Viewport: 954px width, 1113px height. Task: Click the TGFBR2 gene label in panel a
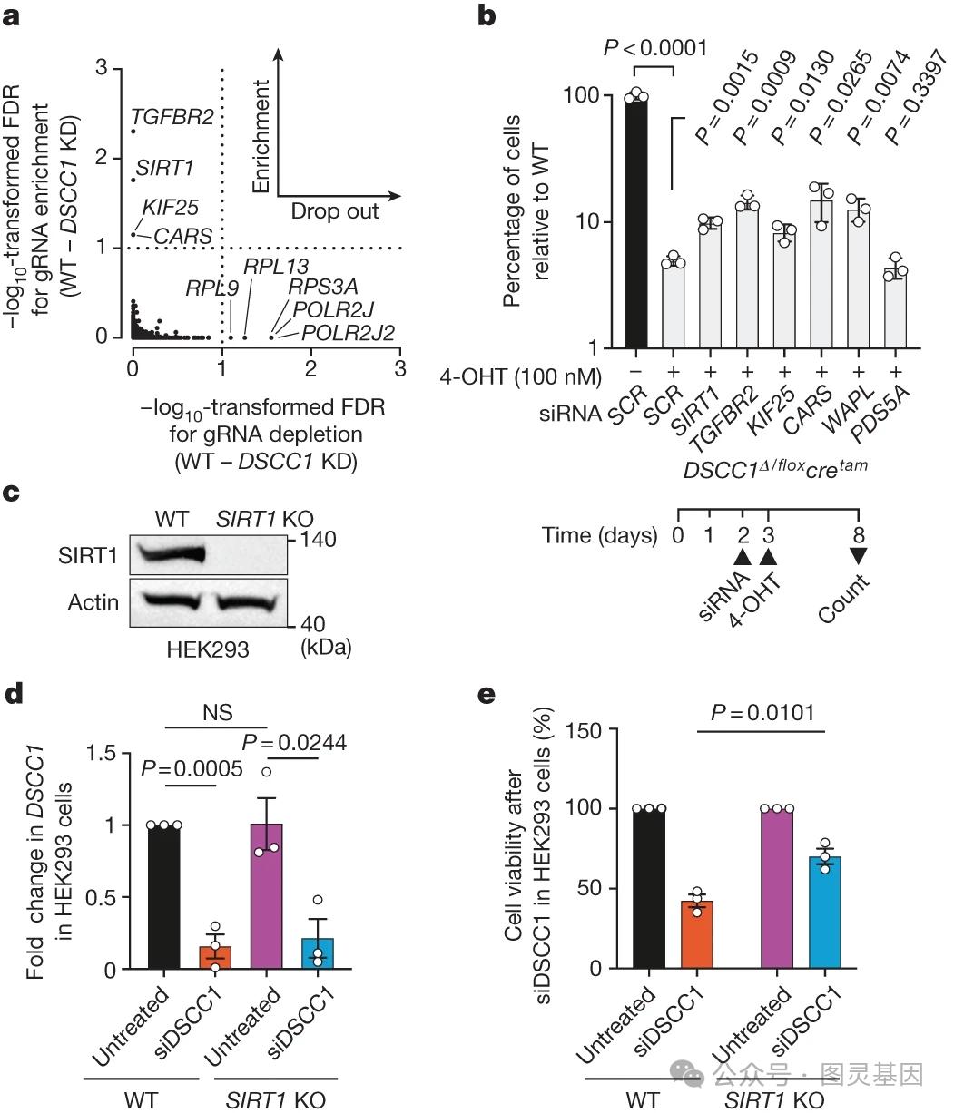point(172,117)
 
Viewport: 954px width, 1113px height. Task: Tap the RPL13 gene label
point(276,267)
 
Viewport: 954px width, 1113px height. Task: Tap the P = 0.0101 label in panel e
point(762,713)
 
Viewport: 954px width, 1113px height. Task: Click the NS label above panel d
point(218,712)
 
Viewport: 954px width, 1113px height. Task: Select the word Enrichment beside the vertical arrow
point(261,136)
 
